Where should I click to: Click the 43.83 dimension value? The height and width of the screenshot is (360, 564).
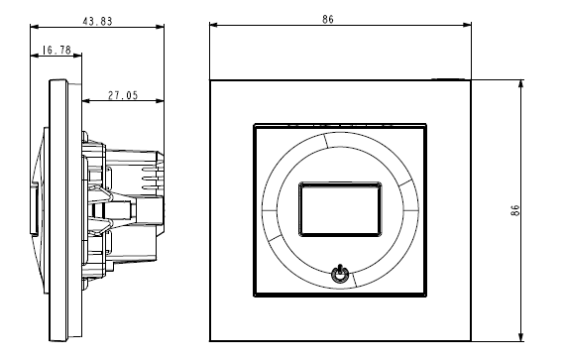97,21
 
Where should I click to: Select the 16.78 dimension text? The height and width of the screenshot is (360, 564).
56,50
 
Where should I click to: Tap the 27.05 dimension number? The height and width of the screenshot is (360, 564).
123,95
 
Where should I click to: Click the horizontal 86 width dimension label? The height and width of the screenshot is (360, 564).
328,19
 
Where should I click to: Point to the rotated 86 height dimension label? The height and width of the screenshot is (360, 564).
514,210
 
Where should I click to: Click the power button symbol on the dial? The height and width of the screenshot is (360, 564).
340,275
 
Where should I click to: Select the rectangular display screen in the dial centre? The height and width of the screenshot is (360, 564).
340,209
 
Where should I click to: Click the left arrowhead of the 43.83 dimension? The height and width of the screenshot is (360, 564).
35,27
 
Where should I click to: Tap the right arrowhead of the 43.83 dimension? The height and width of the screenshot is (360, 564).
160,27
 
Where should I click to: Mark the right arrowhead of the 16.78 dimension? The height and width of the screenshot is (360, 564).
77,56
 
